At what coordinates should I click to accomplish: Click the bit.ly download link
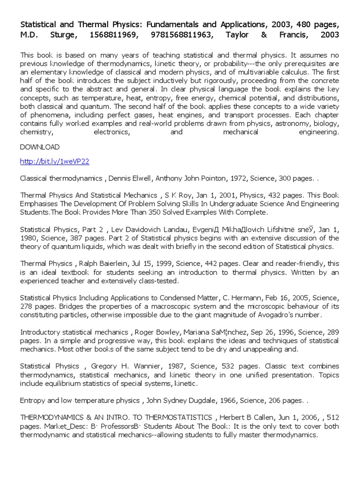click(x=54, y=161)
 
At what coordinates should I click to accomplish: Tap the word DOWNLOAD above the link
click(x=40, y=147)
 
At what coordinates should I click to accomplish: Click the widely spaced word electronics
click(x=111, y=132)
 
